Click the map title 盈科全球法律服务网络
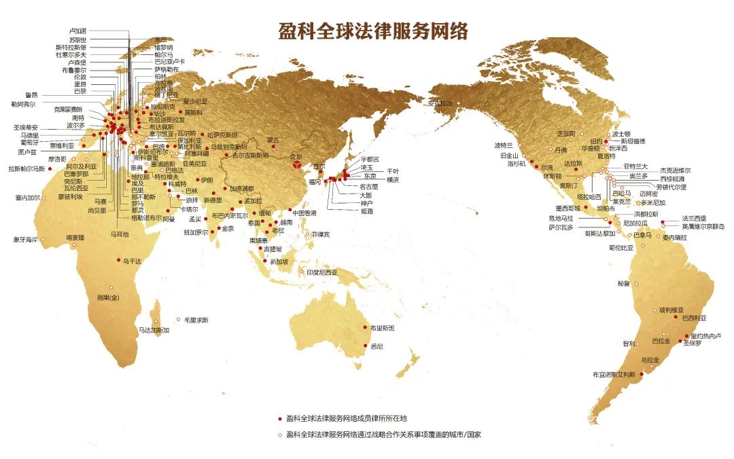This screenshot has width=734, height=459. (x=373, y=31)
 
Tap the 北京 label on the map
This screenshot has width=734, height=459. (x=296, y=155)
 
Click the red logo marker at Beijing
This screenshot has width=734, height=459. (x=297, y=165)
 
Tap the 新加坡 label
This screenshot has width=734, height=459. (x=279, y=261)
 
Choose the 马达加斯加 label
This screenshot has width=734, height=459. (x=154, y=330)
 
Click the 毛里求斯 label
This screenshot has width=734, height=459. (x=196, y=320)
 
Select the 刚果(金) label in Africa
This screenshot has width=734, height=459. (x=108, y=297)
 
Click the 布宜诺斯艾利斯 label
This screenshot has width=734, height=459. (x=614, y=374)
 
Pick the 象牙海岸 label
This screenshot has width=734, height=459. (x=26, y=239)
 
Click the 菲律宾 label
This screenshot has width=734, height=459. (x=321, y=234)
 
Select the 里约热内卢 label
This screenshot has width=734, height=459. (x=706, y=335)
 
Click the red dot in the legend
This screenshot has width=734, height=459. (x=279, y=418)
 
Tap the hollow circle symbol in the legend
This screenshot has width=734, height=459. (x=279, y=435)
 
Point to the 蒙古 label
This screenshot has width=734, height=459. (x=273, y=140)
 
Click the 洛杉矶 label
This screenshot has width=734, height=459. (x=517, y=163)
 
